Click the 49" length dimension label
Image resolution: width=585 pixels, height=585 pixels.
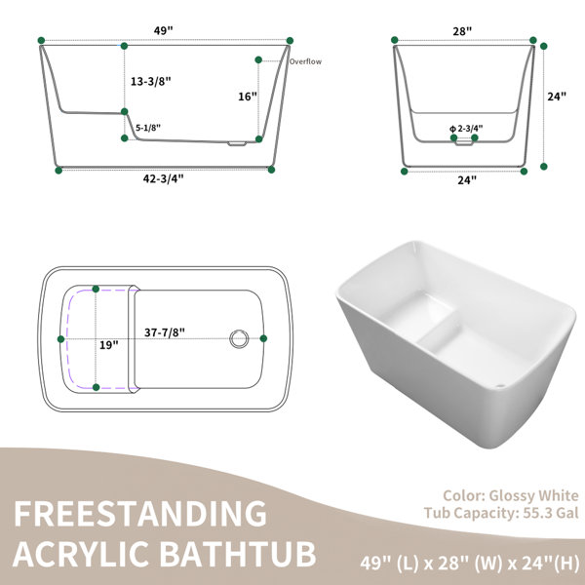[x=164, y=30]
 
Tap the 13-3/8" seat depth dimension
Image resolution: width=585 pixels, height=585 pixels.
[x=151, y=81]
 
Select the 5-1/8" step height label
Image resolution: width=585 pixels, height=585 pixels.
[x=148, y=128]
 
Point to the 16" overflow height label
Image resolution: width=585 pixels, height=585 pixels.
[x=248, y=97]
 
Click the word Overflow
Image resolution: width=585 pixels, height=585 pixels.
[x=305, y=61]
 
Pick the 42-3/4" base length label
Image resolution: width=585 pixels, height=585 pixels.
[x=164, y=178]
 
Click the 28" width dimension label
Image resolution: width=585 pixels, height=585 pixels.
[x=462, y=31]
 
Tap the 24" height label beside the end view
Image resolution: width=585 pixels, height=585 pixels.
[x=557, y=97]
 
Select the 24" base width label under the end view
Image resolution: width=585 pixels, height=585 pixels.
[x=467, y=179]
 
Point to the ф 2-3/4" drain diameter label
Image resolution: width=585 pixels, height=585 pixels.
[x=466, y=129]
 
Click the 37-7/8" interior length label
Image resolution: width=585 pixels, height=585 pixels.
[x=165, y=331]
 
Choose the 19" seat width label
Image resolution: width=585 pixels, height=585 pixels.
[x=108, y=345]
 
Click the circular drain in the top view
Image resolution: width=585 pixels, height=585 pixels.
[x=239, y=338]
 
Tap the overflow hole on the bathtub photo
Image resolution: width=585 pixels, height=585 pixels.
[x=501, y=386]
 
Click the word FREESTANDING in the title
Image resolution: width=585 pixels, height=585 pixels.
[x=140, y=514]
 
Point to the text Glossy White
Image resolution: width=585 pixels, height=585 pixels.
[x=533, y=495]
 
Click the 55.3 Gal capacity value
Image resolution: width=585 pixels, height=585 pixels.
[x=551, y=513]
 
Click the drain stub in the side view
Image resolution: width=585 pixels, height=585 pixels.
[x=237, y=143]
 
